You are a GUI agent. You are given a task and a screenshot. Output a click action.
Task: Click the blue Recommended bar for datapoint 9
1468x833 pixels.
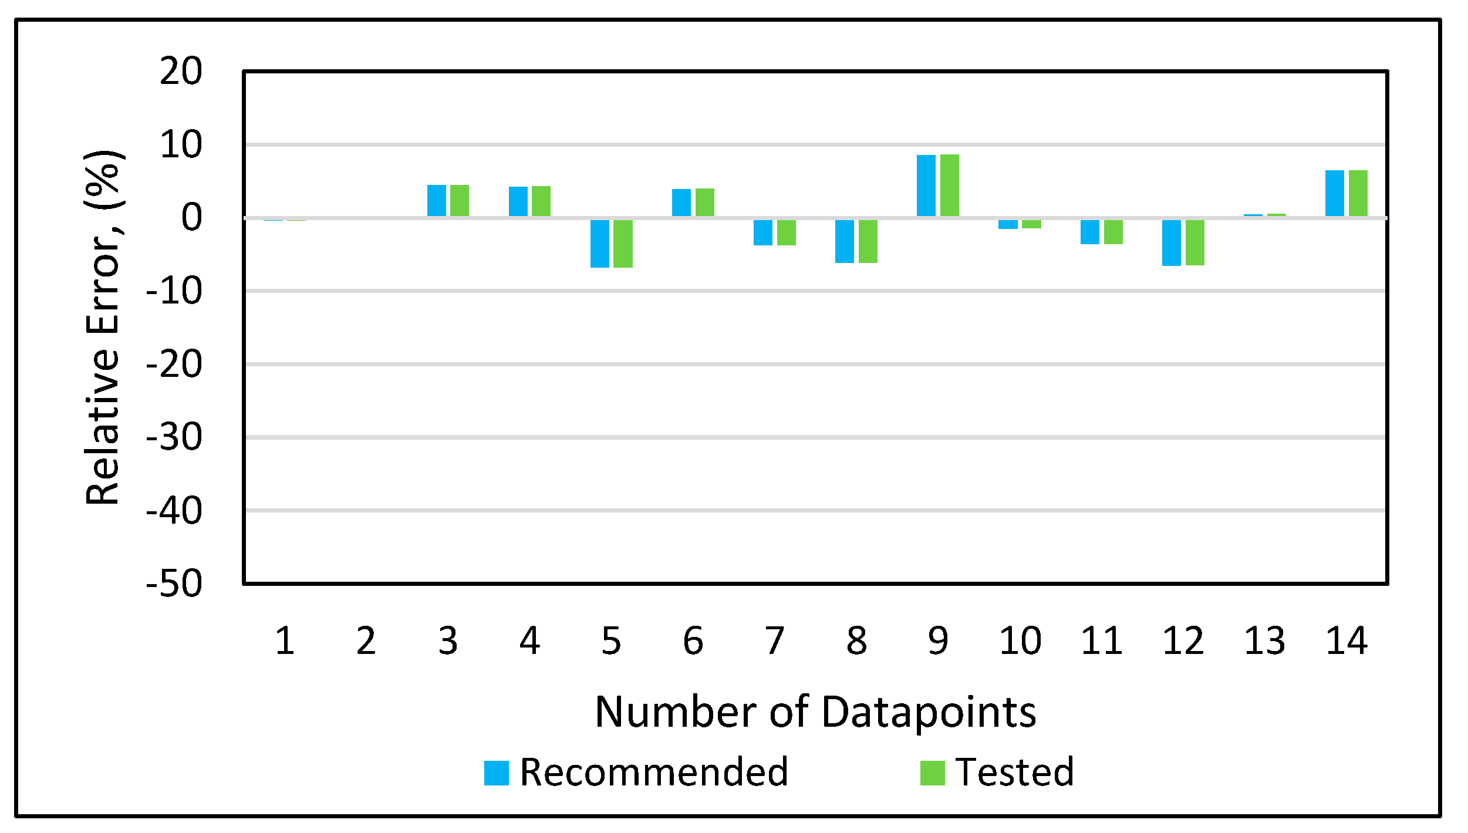[x=926, y=186]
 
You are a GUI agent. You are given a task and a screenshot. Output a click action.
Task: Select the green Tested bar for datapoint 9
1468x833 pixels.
[x=949, y=186]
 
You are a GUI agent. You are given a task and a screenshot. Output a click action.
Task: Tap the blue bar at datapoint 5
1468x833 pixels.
[x=599, y=243]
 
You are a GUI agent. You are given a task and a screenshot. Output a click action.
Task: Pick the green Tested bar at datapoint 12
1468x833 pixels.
[x=1194, y=242]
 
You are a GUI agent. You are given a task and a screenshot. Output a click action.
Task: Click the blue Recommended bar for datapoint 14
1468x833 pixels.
[x=1334, y=194]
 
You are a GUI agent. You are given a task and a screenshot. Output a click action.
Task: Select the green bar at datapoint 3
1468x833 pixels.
[x=460, y=201]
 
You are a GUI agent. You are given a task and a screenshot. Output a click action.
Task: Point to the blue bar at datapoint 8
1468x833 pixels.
[x=844, y=241]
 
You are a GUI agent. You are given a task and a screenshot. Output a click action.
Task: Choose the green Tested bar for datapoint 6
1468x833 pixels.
[x=704, y=203]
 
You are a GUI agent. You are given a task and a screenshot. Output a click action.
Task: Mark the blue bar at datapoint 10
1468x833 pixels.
[x=1008, y=224]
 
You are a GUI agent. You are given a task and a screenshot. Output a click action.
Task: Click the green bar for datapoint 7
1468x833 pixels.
[x=786, y=232]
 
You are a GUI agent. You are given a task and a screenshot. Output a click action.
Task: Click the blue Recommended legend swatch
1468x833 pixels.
[x=496, y=773]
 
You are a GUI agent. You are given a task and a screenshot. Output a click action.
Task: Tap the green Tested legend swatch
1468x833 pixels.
[x=932, y=773]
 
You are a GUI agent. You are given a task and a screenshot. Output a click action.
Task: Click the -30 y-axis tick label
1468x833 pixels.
[x=174, y=437]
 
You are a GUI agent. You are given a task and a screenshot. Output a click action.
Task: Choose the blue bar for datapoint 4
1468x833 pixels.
[x=518, y=201]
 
